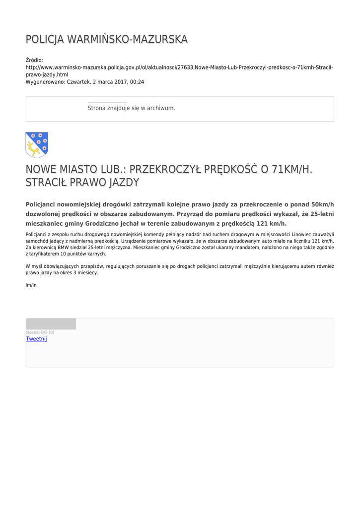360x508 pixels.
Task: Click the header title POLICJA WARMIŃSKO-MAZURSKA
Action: click(x=107, y=39)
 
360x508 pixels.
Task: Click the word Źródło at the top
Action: click(x=34, y=60)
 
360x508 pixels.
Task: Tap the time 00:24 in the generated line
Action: click(x=137, y=82)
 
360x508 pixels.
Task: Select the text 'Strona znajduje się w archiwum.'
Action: click(x=131, y=108)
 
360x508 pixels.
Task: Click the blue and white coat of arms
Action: click(x=37, y=144)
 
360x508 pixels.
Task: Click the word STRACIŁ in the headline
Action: click(x=47, y=183)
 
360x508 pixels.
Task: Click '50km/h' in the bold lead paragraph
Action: click(x=322, y=204)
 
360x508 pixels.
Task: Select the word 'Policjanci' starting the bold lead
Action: click(x=41, y=204)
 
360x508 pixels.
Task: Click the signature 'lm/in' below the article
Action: click(x=31, y=285)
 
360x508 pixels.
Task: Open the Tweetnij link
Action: click(x=36, y=339)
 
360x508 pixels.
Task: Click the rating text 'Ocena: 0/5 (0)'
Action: click(x=40, y=332)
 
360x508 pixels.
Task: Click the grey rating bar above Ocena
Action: click(x=51, y=324)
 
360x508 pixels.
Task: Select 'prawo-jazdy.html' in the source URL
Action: click(x=47, y=74)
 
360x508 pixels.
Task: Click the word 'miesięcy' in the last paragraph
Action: click(x=87, y=273)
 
